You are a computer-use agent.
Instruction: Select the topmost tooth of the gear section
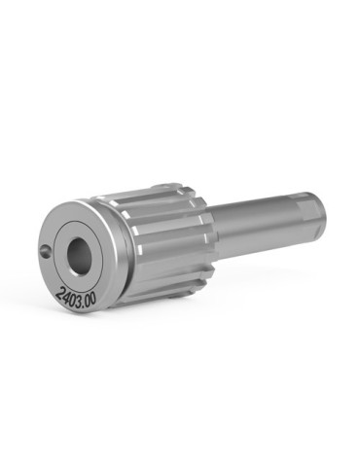tap(167, 185)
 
